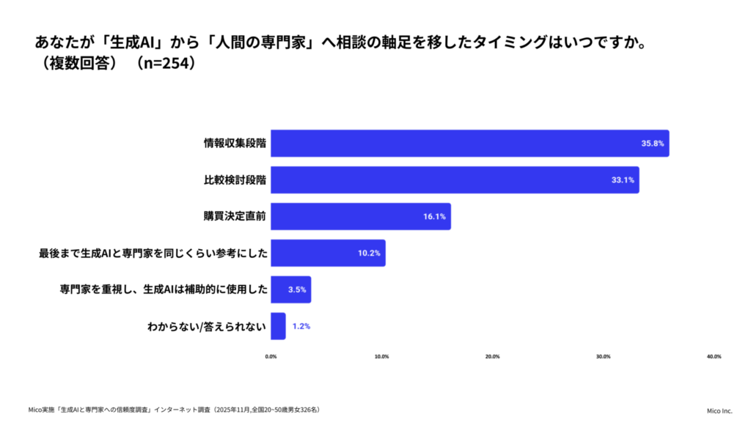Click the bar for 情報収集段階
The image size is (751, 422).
(469, 144)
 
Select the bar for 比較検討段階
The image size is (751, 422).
(455, 180)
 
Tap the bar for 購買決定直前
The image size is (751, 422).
(361, 217)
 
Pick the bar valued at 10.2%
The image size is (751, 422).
(328, 253)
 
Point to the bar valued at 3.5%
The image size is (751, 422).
(290, 289)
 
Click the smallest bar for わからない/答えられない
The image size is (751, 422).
(278, 326)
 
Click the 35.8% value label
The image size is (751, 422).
(652, 144)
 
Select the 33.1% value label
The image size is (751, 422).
(622, 180)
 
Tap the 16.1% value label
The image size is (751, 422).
(434, 217)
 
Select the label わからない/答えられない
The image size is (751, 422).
(207, 326)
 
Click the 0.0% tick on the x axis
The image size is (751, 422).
(271, 357)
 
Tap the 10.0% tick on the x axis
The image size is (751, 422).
(381, 357)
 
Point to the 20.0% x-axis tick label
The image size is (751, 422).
(492, 357)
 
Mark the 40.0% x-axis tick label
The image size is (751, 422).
(714, 357)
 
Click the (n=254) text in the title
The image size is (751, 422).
(164, 64)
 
